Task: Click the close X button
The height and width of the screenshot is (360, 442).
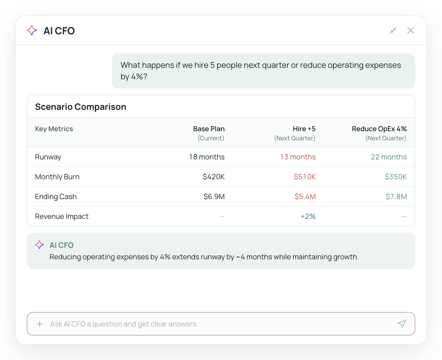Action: pyautogui.click(x=410, y=31)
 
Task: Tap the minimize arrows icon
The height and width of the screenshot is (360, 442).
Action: pyautogui.click(x=393, y=31)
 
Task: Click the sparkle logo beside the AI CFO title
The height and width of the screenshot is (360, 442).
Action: pyautogui.click(x=32, y=31)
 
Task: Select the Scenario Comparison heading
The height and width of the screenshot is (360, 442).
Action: pyautogui.click(x=81, y=107)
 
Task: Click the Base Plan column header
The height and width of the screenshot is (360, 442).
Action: pyautogui.click(x=209, y=129)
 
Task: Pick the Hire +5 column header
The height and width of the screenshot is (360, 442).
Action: pyautogui.click(x=304, y=129)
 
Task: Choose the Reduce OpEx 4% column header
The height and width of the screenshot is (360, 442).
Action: pyautogui.click(x=379, y=129)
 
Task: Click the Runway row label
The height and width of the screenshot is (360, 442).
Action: pyautogui.click(x=48, y=157)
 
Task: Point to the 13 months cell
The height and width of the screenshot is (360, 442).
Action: pyautogui.click(x=298, y=157)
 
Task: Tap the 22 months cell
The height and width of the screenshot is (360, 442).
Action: pyautogui.click(x=389, y=157)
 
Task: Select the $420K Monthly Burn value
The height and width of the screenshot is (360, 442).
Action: pyautogui.click(x=214, y=177)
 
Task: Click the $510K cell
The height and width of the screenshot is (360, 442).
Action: pyautogui.click(x=305, y=177)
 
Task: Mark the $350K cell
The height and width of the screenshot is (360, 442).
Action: pyautogui.click(x=396, y=177)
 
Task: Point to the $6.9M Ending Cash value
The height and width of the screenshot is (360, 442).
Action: pyautogui.click(x=214, y=197)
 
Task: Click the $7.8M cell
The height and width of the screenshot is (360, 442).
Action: pyautogui.click(x=396, y=197)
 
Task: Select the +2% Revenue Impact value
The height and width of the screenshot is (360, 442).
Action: pyautogui.click(x=308, y=216)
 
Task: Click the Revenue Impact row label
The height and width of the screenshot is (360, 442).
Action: pyautogui.click(x=62, y=216)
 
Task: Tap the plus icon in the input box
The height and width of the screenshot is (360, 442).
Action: pyautogui.click(x=40, y=324)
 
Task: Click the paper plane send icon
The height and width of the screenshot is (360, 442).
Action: pyautogui.click(x=402, y=324)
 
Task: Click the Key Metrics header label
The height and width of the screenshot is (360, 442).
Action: pyautogui.click(x=54, y=129)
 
